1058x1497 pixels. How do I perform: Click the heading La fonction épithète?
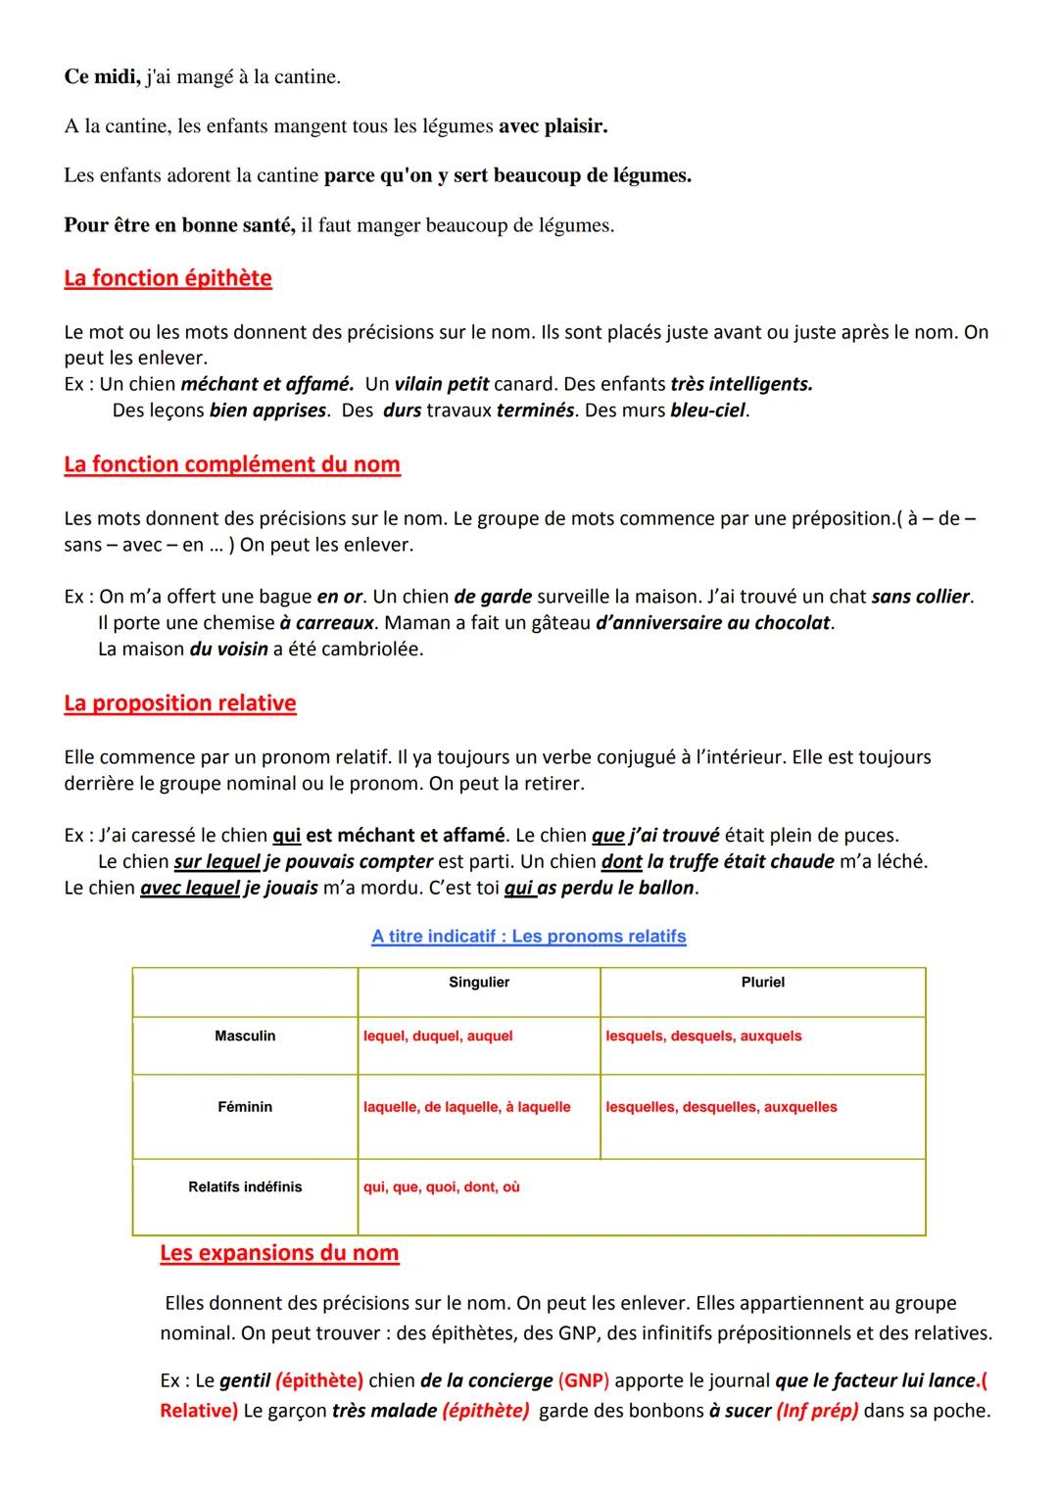168,278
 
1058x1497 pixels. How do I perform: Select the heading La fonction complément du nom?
232,464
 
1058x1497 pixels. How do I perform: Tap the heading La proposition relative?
180,703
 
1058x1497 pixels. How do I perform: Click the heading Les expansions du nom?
279,1253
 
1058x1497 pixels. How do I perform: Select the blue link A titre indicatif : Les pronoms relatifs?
529,937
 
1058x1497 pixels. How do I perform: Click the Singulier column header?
479,983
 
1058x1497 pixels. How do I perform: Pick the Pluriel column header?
762,983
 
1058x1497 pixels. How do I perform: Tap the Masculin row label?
245,1037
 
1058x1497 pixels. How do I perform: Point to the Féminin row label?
245,1107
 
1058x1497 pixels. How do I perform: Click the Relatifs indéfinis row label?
245,1187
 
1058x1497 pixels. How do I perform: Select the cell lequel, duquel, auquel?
438,1037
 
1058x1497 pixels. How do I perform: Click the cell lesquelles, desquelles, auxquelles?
721,1107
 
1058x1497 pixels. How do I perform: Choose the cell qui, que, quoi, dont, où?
442,1187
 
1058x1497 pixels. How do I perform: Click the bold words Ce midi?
102,77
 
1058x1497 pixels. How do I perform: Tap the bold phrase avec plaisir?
553,126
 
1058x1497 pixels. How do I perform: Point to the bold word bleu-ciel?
708,410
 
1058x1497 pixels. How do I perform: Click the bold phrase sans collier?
921,597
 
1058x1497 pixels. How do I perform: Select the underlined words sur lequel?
216,862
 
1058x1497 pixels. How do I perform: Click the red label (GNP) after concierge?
583,1381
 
